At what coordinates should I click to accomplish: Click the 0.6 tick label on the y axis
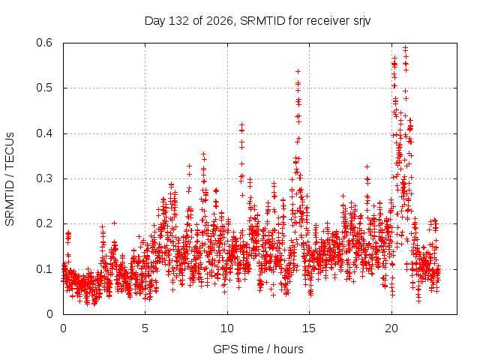(x=44, y=43)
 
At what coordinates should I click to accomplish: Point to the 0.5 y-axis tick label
(x=44, y=88)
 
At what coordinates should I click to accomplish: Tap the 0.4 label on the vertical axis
(x=44, y=133)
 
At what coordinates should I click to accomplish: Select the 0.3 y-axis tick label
(x=44, y=178)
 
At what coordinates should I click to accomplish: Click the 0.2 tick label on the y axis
(x=44, y=223)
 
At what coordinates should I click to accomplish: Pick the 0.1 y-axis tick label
(x=44, y=269)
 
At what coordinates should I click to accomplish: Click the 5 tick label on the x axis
(x=145, y=328)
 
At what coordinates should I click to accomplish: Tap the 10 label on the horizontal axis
(x=227, y=328)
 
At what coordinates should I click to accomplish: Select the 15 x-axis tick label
(x=309, y=328)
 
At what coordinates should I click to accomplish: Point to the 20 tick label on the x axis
(x=391, y=328)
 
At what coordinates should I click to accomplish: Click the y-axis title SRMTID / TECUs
(x=10, y=179)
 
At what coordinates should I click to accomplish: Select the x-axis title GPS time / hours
(x=258, y=349)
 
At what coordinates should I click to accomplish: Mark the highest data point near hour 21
(x=405, y=47)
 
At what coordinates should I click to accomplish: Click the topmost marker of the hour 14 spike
(x=298, y=72)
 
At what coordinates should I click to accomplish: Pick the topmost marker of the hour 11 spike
(x=241, y=124)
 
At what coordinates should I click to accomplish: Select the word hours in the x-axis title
(x=288, y=349)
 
